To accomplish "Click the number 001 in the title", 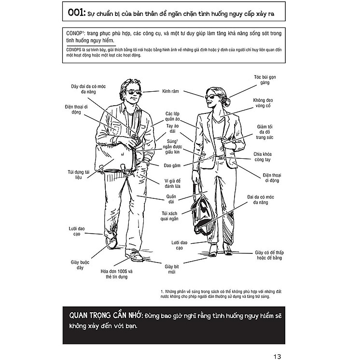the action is coord(75,13).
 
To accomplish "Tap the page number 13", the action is coord(277,357).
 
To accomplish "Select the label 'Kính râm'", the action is coord(170,91).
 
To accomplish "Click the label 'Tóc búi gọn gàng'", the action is coord(265,80).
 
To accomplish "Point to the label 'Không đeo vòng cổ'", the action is coord(263,103).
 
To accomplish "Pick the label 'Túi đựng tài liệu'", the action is coord(79,175).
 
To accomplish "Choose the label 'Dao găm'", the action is coord(172,166).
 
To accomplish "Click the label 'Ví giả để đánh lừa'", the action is coord(172,183).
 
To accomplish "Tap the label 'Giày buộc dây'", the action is coord(80,265).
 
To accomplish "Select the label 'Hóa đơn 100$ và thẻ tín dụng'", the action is coord(117,274).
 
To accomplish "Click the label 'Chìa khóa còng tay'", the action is coord(263,157).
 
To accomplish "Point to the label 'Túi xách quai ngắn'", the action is coord(169,216).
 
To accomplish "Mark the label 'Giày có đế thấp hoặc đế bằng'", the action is coord(269,255).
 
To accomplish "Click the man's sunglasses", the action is coord(134,93).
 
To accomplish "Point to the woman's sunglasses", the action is coord(210,96).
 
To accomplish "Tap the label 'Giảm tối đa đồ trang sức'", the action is coord(265,132).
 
